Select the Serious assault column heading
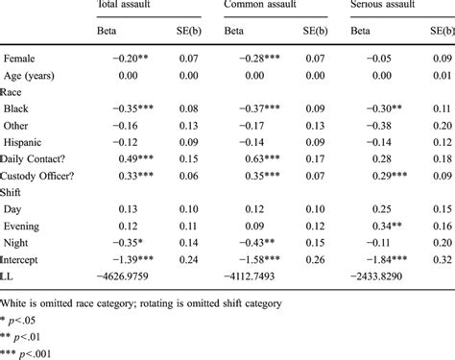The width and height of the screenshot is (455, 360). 388,6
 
